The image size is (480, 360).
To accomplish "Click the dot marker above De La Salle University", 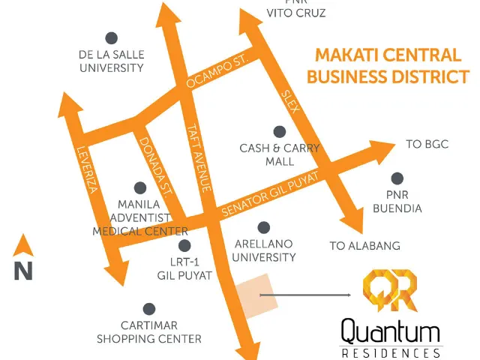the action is [x=112, y=38].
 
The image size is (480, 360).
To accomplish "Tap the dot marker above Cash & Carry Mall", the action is [x=280, y=132].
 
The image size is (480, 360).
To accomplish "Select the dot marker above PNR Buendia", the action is [x=397, y=178].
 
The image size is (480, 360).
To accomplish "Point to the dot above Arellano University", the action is [x=263, y=228].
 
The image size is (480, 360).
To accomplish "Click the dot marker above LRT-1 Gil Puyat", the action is [x=184, y=245].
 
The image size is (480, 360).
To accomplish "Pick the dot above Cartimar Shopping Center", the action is [x=149, y=309].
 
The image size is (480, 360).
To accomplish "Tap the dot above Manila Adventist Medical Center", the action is [x=140, y=188].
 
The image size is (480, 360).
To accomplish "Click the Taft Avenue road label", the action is [x=199, y=157].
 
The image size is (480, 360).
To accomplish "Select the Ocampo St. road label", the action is [x=217, y=71].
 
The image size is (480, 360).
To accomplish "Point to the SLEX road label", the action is [x=289, y=101].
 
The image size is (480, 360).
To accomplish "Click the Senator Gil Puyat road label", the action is [x=270, y=194].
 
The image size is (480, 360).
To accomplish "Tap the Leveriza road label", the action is [x=88, y=170].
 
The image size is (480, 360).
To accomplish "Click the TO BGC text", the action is [x=427, y=144].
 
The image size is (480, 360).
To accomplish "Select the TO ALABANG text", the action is [x=365, y=246].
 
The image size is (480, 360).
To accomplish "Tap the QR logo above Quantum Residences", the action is [x=390, y=290].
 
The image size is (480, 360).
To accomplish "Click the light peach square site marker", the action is [x=256, y=295].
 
